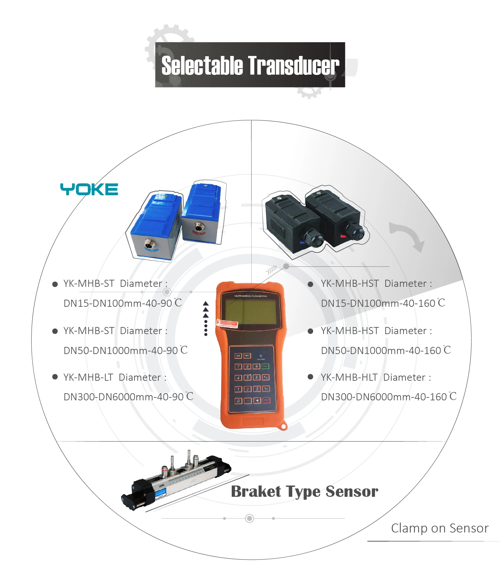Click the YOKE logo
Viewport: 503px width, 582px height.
(x=89, y=189)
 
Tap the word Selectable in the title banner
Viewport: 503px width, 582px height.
(x=202, y=66)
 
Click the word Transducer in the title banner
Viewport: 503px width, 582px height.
(x=293, y=66)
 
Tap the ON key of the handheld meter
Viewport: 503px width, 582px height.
(x=238, y=356)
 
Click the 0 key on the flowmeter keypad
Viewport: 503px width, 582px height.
(x=238, y=401)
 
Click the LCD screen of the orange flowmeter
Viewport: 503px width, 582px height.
(x=251, y=311)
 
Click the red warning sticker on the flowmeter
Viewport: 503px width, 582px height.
(x=228, y=324)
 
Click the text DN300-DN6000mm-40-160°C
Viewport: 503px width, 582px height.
(x=388, y=397)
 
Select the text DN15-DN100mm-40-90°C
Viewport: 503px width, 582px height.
(x=123, y=303)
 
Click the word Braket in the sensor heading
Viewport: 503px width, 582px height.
(x=256, y=492)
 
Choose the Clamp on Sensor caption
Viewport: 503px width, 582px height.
(x=440, y=528)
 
